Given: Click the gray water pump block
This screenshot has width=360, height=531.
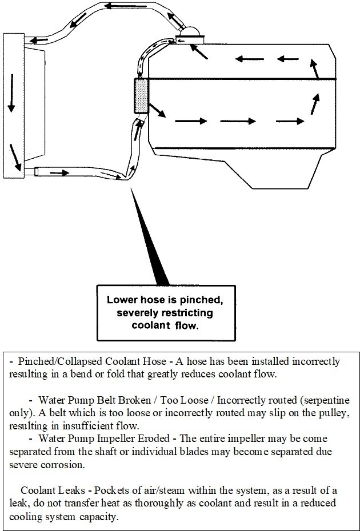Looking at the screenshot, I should [141, 96].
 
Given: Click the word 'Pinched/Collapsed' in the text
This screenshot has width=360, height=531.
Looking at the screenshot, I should [53, 362].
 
